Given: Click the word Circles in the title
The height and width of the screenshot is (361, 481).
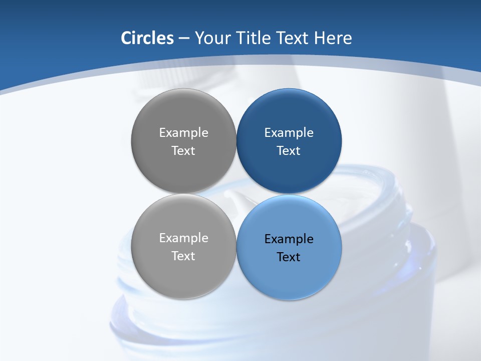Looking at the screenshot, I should point(147,38).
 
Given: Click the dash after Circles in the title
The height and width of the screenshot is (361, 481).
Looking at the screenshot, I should point(184,39).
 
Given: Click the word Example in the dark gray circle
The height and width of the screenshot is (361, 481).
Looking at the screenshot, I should point(183,132).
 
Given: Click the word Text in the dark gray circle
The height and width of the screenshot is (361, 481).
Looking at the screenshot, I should point(183,150).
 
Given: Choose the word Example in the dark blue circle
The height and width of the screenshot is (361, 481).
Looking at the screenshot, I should point(289,132).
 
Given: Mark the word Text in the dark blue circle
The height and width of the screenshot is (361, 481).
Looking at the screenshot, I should point(289,150).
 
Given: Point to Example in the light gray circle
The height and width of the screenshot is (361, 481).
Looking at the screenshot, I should point(183,238).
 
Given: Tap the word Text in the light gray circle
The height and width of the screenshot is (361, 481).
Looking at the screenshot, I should point(183,256).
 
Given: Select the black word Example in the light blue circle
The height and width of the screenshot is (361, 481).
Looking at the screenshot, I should point(289,239).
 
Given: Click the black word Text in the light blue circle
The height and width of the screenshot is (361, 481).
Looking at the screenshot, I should point(289,257).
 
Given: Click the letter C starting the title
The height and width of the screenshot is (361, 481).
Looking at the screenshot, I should point(126,38).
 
